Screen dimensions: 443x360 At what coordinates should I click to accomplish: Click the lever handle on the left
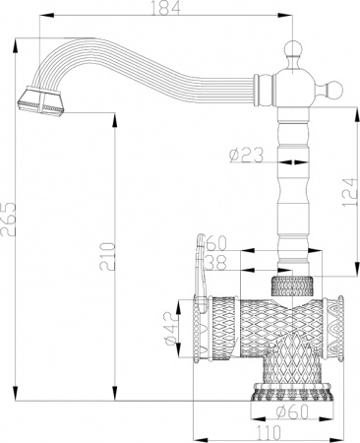200,266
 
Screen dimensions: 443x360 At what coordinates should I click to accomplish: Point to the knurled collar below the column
293,287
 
